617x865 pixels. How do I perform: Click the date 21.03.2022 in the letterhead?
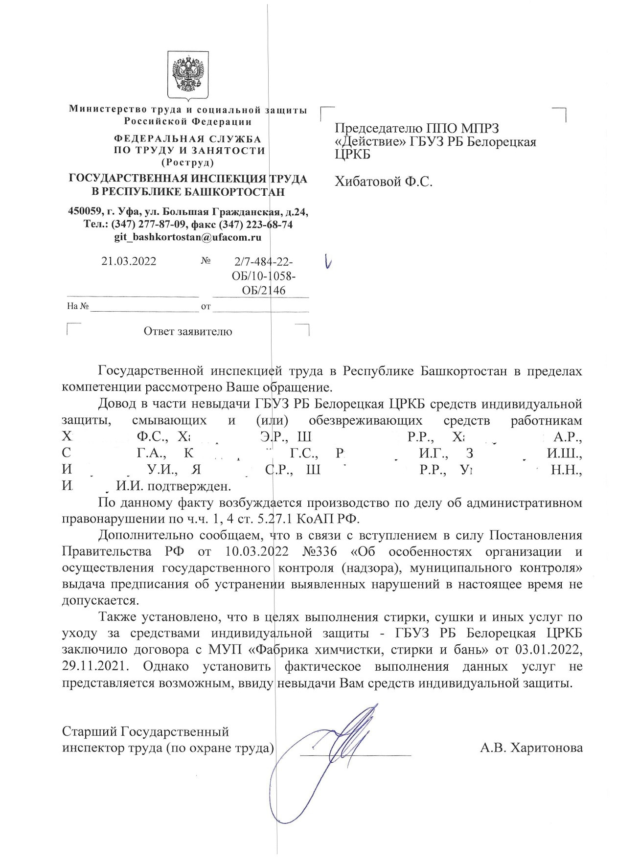pos(129,261)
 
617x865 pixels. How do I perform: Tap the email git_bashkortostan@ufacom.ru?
pos(187,237)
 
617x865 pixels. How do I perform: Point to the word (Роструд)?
pos(187,161)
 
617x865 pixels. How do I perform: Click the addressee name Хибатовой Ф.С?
pos(384,182)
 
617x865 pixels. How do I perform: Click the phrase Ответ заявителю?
pos(187,332)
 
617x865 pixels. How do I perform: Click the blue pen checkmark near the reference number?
pos(328,263)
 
